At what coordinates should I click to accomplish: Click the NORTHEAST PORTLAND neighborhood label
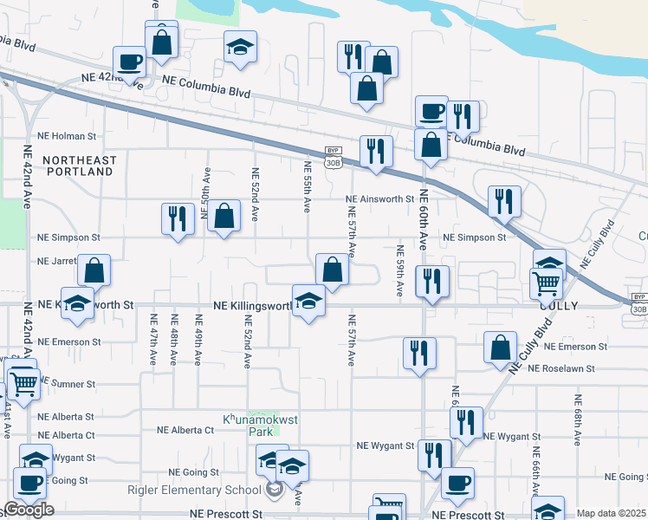[x=78, y=166]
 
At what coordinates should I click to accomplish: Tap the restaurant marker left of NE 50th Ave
[x=178, y=218]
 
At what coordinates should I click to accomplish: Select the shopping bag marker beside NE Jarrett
[x=94, y=270]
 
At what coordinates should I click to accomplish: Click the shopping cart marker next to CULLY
[x=546, y=283]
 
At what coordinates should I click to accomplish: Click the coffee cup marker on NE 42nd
[x=130, y=62]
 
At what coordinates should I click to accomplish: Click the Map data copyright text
[x=611, y=513]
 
